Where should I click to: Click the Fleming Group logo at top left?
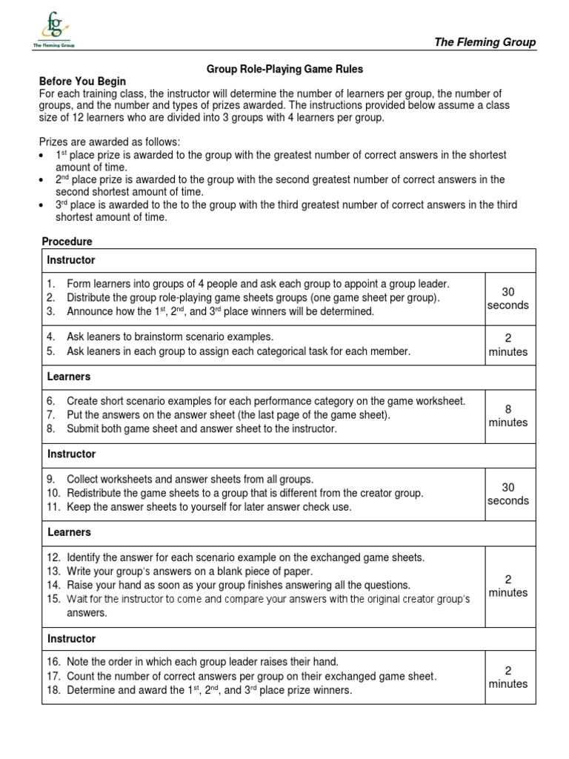point(53,30)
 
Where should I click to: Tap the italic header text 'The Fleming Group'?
point(485,42)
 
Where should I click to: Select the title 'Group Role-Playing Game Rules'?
point(284,69)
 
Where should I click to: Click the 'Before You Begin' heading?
point(82,82)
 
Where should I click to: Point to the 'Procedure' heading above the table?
point(67,242)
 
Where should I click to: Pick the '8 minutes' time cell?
point(508,416)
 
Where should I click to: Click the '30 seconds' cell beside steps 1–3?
point(508,299)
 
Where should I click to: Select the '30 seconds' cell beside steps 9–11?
point(508,494)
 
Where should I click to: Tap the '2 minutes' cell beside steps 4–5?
point(508,345)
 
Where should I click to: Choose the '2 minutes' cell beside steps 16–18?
point(508,677)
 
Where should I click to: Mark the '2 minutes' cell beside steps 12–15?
point(508,586)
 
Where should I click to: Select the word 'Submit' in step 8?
point(83,428)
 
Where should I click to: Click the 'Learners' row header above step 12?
point(69,532)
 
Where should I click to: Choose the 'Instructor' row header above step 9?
point(71,454)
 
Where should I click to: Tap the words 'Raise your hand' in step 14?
point(103,585)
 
